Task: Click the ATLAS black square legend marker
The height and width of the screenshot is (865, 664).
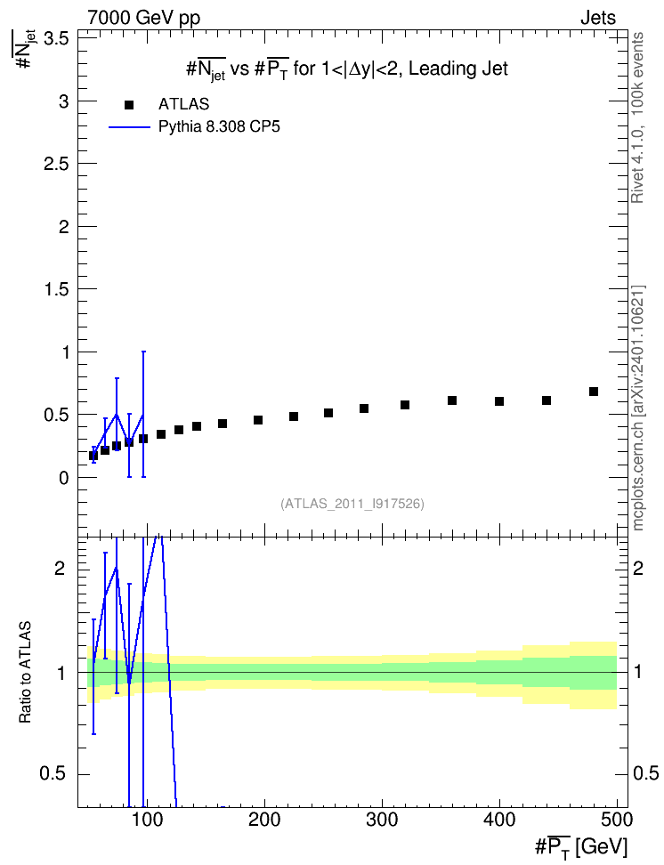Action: pos(129,105)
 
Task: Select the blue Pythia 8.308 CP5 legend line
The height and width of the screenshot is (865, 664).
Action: pos(129,127)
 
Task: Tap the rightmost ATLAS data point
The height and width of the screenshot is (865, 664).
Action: pos(594,392)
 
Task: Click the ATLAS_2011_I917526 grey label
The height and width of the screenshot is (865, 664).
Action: pos(352,504)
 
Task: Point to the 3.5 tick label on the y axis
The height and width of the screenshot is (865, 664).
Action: pos(56,38)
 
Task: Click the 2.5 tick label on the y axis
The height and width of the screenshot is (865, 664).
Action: pos(56,164)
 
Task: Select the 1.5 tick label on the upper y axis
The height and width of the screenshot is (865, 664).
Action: pos(56,289)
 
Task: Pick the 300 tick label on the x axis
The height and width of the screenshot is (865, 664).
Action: pos(382,820)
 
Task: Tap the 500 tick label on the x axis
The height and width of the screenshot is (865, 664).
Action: pos(617,820)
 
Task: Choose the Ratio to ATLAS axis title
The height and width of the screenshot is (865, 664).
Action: pos(25,672)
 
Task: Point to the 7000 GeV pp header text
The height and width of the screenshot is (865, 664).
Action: pos(143,18)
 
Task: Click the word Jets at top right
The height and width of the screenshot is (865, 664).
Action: pos(598,18)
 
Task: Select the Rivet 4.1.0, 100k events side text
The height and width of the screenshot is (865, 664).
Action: pos(637,117)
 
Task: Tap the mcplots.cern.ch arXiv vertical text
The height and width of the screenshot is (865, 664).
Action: pos(638,408)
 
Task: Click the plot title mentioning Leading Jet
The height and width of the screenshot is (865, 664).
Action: pos(346,69)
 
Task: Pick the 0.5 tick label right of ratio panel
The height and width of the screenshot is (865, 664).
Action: pos(645,773)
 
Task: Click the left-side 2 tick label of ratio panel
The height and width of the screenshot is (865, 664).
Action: pos(61,569)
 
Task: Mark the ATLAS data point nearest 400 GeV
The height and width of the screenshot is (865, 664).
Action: pos(499,401)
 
